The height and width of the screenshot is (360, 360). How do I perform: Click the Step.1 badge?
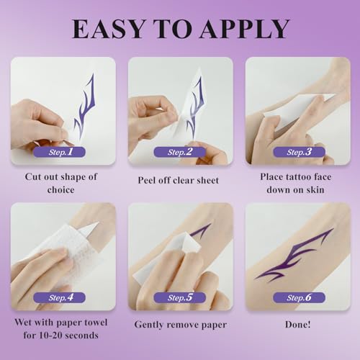click(x=59, y=152)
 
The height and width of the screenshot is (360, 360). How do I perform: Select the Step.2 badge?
click(x=179, y=152)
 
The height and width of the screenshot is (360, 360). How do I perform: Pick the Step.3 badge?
click(x=299, y=152)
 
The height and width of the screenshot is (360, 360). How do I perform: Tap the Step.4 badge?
click(x=59, y=297)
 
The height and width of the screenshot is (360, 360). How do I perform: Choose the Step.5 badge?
click(x=179, y=297)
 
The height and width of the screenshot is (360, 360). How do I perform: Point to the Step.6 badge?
click(x=299, y=297)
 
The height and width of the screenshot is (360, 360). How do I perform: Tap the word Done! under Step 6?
click(x=297, y=325)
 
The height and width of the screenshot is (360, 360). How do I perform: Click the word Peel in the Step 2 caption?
click(x=146, y=180)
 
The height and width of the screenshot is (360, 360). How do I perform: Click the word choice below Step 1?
click(x=60, y=190)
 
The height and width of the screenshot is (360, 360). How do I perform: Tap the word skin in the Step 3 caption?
click(x=315, y=190)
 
